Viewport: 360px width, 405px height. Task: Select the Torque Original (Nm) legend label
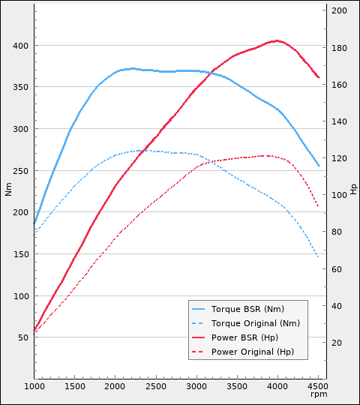[255, 323]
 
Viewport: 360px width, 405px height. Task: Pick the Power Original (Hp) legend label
[253, 352]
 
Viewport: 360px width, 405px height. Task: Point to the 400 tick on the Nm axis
[20, 46]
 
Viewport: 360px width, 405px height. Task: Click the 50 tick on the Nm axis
[22, 337]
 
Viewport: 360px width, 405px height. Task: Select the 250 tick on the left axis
[20, 171]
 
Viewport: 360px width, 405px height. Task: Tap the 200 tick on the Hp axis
[339, 10]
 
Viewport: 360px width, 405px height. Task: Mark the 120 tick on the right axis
[339, 158]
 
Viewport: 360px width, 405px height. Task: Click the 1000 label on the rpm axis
[34, 386]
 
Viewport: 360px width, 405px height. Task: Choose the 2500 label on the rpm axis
[156, 386]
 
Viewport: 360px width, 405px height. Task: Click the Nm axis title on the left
[8, 190]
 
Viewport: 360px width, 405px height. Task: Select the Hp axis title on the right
[353, 188]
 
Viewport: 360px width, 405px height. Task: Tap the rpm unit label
[319, 394]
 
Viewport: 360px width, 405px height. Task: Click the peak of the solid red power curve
[277, 40]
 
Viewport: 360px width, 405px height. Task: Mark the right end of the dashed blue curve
[319, 258]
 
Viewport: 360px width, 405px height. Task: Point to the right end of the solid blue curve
[319, 166]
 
